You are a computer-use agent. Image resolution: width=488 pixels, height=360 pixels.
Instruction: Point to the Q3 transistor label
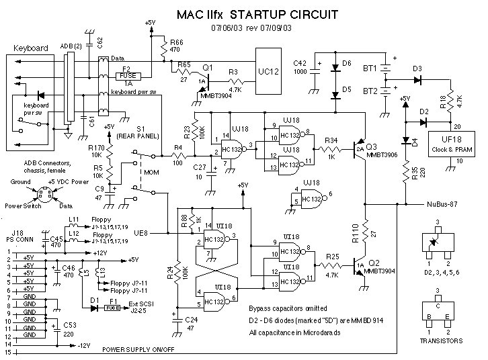point(372,146)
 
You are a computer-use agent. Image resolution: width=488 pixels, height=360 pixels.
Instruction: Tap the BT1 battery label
point(369,69)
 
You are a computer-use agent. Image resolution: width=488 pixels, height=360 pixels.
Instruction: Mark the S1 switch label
point(140,128)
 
